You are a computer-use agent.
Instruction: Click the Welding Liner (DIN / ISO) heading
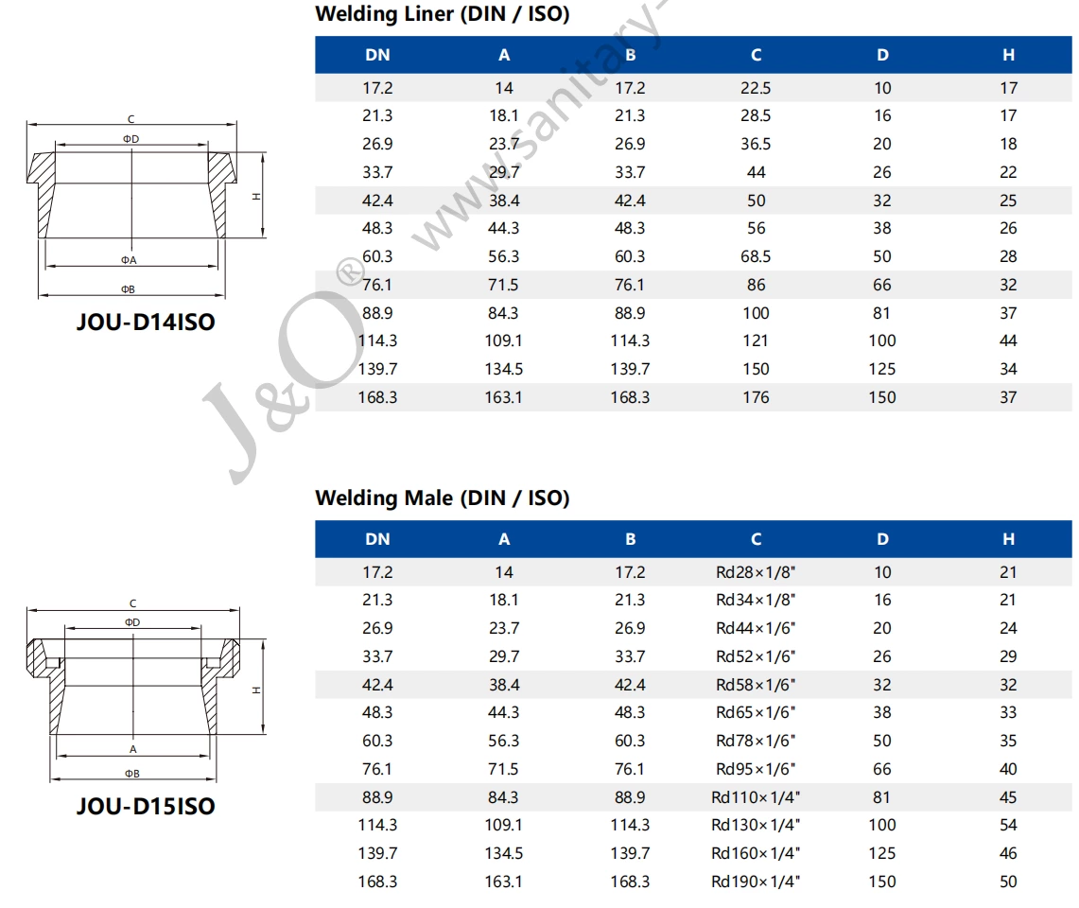pos(442,14)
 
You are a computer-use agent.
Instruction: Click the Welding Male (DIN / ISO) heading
pos(442,498)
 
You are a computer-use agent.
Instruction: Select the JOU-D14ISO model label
pos(146,323)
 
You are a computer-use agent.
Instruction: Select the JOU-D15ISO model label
pos(146,807)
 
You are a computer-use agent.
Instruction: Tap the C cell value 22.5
pos(756,88)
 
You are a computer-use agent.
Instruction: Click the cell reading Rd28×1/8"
pos(756,572)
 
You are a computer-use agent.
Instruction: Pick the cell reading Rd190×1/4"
pos(756,882)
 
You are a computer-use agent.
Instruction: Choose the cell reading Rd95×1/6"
pos(756,769)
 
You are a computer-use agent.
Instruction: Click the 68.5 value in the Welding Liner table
pos(756,256)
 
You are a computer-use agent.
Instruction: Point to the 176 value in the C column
pos(756,397)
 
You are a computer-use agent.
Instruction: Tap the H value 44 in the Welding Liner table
pos(1008,340)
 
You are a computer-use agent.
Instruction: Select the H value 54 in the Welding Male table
pos(1008,825)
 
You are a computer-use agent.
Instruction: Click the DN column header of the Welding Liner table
pos(377,55)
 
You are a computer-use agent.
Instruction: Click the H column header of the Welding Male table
pos(1008,539)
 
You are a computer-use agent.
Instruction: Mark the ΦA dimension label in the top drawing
pos(130,259)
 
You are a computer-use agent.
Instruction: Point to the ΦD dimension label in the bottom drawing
pos(131,622)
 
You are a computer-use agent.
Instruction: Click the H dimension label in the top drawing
pos(255,197)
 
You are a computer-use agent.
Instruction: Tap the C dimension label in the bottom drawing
pos(132,603)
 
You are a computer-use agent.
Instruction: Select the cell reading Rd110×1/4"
pos(756,797)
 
